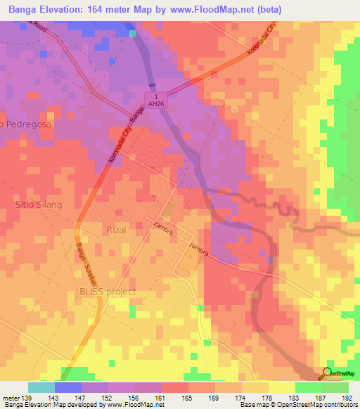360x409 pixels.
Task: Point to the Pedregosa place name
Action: coord(28,124)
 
